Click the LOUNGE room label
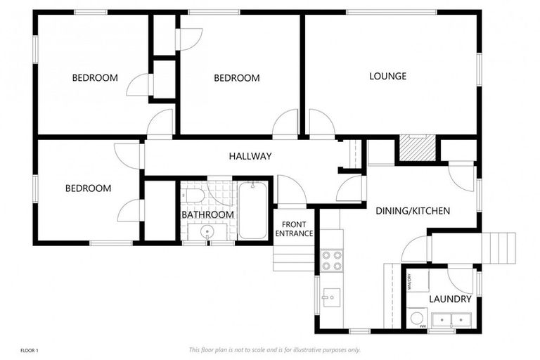click(387, 76)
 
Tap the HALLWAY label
click(250, 156)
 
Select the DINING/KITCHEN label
click(413, 211)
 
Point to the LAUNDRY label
click(450, 299)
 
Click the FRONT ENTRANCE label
click(294, 229)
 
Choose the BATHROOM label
click(207, 214)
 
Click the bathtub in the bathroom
click(252, 210)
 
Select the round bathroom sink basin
click(207, 231)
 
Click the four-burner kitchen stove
click(331, 261)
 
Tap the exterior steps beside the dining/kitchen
click(502, 247)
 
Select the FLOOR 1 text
click(29, 349)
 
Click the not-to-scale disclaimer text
click(274, 349)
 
